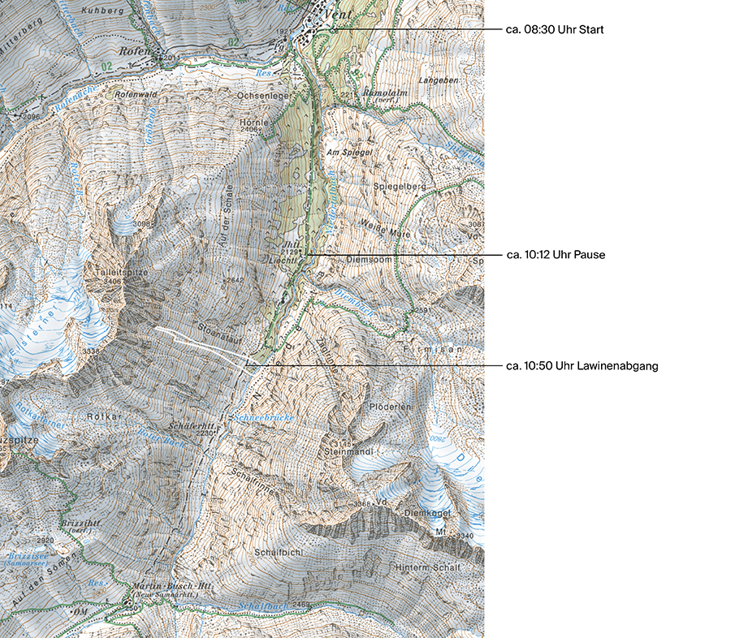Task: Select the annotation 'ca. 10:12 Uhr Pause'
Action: tap(556, 255)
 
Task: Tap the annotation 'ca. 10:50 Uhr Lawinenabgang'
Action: tap(582, 366)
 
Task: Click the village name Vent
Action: tap(339, 15)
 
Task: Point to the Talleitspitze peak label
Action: tap(122, 274)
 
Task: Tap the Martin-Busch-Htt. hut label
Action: tap(166, 587)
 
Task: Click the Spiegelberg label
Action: tap(400, 187)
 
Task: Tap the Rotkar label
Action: tap(103, 416)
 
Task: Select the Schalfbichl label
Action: tap(279, 552)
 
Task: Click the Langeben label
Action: tap(439, 81)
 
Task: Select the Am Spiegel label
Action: tap(349, 152)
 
